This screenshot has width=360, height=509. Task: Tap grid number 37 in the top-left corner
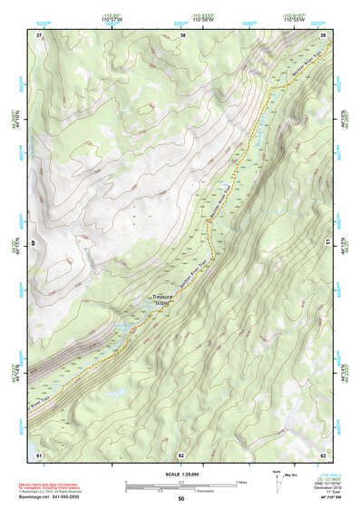(x=38, y=35)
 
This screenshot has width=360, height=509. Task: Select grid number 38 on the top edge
(x=182, y=35)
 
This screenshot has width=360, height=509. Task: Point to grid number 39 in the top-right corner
(x=324, y=35)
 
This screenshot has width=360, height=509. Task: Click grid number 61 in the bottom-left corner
(x=38, y=454)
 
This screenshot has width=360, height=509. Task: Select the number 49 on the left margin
(x=35, y=243)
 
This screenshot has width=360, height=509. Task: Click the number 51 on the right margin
(x=327, y=243)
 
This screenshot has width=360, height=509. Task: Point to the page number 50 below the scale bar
(x=180, y=499)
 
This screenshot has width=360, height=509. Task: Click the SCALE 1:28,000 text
(x=180, y=474)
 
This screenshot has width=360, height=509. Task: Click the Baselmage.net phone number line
(x=58, y=497)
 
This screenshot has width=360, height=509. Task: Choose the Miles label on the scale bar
(x=241, y=481)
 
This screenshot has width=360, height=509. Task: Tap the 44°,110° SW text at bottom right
(x=323, y=497)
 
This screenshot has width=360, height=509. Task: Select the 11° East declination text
(x=323, y=491)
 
